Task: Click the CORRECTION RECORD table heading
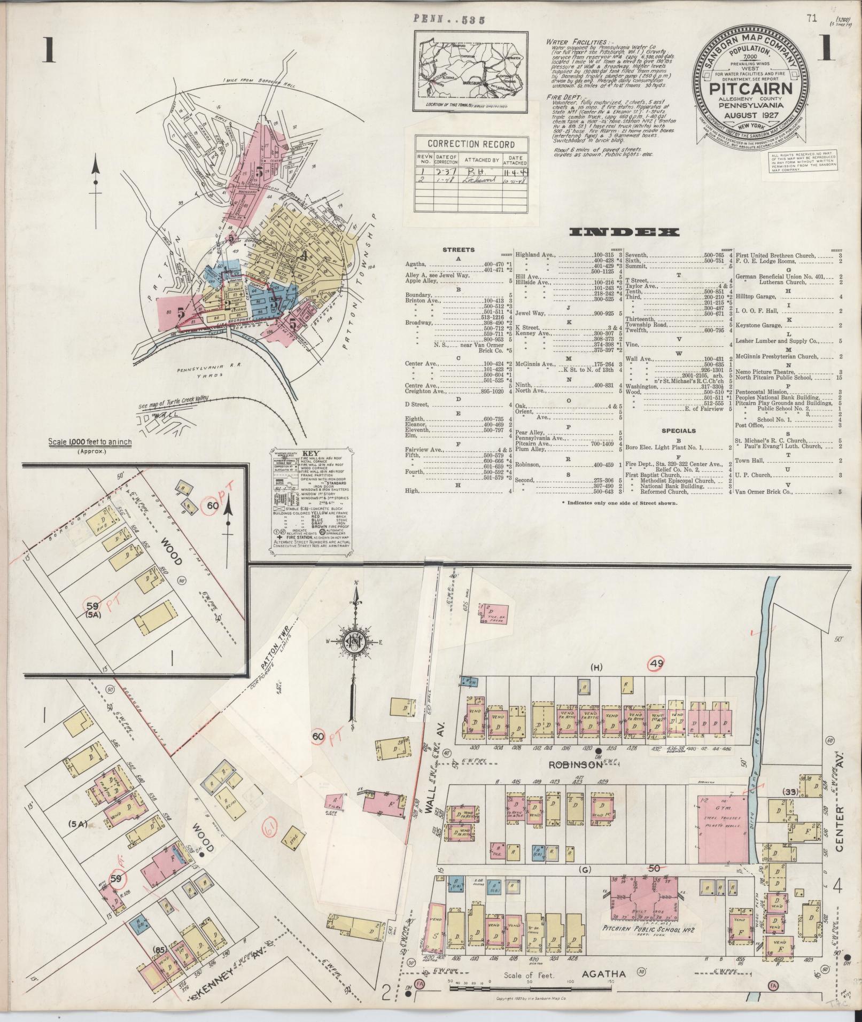[471, 144]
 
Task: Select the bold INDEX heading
[624, 232]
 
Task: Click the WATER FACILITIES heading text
[576, 42]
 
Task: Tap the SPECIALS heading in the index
[679, 431]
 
